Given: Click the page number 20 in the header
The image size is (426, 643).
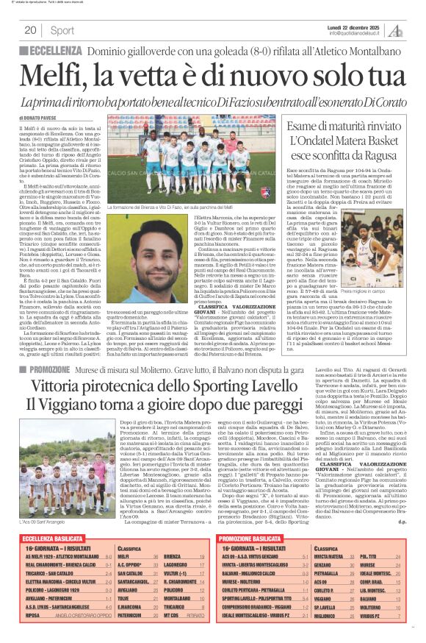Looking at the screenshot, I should pos(31,31).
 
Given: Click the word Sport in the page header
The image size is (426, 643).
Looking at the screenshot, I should pos(62,31).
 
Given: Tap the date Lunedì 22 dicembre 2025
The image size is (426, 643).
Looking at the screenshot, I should pos(355,26).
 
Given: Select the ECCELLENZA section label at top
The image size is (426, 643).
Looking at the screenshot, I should pos(54,51).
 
